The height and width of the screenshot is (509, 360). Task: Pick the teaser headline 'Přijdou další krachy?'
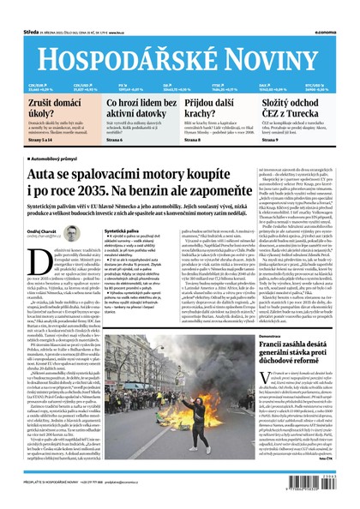(x=215, y=110)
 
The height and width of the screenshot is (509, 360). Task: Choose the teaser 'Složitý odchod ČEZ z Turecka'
(x=304, y=110)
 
